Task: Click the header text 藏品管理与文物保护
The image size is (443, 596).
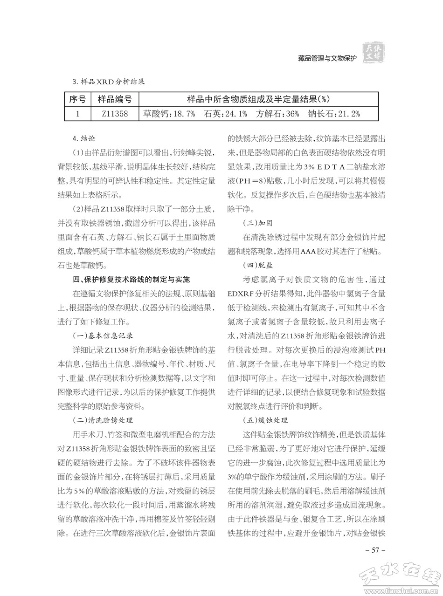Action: (327, 58)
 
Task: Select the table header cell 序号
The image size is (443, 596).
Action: (77, 99)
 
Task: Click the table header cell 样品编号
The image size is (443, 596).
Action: (114, 99)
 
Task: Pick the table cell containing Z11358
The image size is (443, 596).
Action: (114, 113)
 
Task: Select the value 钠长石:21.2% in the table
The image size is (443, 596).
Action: (334, 113)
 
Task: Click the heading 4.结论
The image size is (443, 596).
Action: (84, 138)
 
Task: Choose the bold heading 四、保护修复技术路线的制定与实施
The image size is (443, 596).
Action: (132, 280)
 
